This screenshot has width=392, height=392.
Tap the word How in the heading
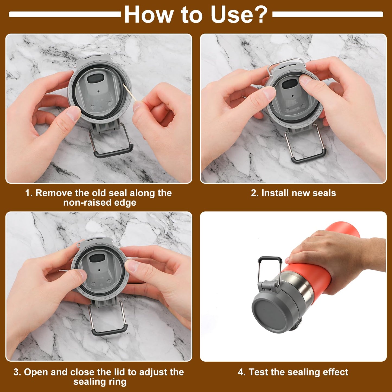148,15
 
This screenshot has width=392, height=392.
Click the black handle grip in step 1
113,152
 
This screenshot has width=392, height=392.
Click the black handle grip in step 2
308,158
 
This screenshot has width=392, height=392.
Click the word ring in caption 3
117,382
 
